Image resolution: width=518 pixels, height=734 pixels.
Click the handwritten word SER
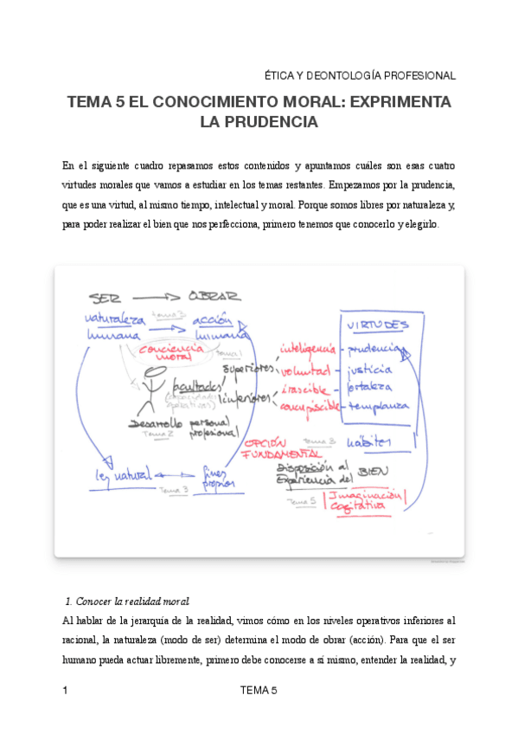click(105, 295)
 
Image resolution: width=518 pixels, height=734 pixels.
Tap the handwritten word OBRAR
click(214, 295)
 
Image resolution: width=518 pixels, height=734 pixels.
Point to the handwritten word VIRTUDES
click(378, 324)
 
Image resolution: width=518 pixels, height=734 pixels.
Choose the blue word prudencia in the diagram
click(374, 350)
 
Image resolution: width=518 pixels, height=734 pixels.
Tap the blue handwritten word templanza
click(377, 406)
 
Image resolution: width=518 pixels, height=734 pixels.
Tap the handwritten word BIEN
click(373, 471)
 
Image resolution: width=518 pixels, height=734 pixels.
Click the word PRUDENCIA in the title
click(259, 123)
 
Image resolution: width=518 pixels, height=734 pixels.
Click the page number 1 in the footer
click(66, 690)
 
